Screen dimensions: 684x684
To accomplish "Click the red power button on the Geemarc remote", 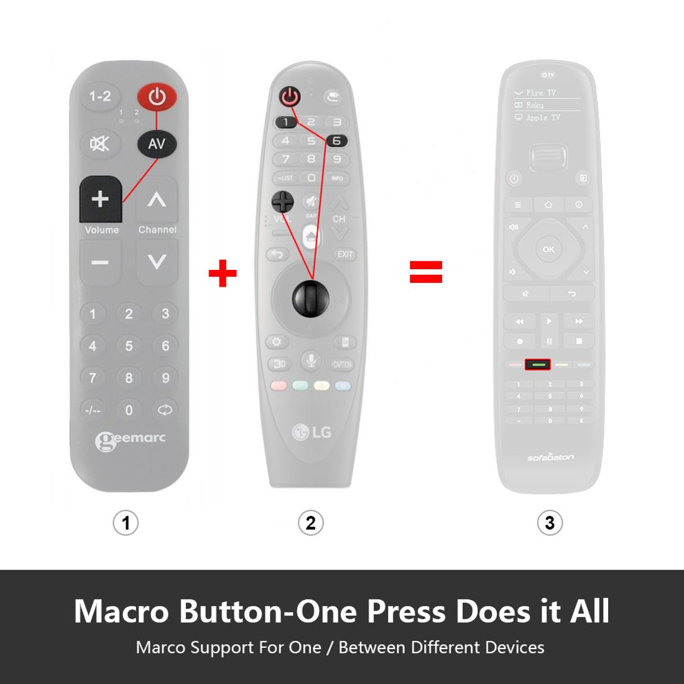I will (157, 97).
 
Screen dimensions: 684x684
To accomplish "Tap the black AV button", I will (157, 144).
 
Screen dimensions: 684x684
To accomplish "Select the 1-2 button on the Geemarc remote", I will (100, 96).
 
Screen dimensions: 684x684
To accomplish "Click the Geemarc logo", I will (131, 440).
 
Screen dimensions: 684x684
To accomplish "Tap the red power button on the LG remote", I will (290, 96).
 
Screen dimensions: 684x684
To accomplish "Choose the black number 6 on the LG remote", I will (336, 141).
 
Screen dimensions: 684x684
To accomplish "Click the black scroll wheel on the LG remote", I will (312, 298).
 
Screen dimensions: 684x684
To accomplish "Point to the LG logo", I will (312, 432).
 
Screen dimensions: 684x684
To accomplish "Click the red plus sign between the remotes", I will (223, 274).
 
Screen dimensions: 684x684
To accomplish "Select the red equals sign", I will (426, 271).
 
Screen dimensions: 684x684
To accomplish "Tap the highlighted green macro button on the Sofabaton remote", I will (538, 364).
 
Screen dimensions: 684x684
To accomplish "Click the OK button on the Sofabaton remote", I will (548, 249).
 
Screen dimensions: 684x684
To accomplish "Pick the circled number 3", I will (550, 522).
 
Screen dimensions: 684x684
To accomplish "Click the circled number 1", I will (126, 522).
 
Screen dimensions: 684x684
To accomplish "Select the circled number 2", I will (310, 522).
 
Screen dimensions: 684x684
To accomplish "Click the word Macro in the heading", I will (121, 611).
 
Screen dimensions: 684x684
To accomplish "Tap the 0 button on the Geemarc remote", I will (129, 410).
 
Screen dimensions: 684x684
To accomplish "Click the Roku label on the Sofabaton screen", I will (534, 105).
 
